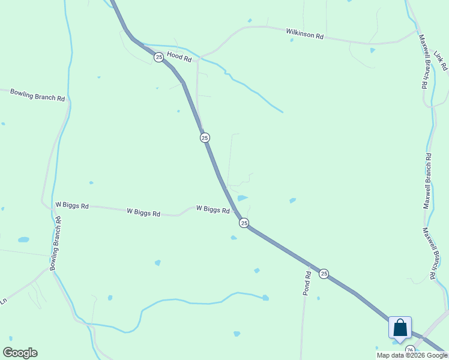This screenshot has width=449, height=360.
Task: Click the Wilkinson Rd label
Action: point(304,34)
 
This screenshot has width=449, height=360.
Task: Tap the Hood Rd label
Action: point(179,58)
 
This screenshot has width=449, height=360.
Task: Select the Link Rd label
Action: point(441,61)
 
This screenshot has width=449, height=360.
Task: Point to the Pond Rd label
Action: point(307,283)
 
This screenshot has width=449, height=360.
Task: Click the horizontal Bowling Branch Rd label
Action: point(37,95)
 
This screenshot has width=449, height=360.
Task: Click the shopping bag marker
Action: point(400,329)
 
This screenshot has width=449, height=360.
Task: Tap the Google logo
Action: point(20,352)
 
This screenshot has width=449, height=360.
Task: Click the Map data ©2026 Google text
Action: point(412,355)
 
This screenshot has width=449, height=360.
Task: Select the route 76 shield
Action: point(410,350)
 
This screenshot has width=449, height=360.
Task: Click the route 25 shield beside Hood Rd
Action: point(158,57)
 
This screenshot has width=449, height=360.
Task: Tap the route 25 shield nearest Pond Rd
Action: point(324,274)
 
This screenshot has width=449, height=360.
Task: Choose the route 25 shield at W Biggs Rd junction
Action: point(244,223)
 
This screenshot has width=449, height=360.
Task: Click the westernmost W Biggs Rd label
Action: point(72,205)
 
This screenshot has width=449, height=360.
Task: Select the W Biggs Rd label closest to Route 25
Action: point(212,209)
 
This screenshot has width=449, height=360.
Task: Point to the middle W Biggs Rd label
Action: point(143,212)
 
